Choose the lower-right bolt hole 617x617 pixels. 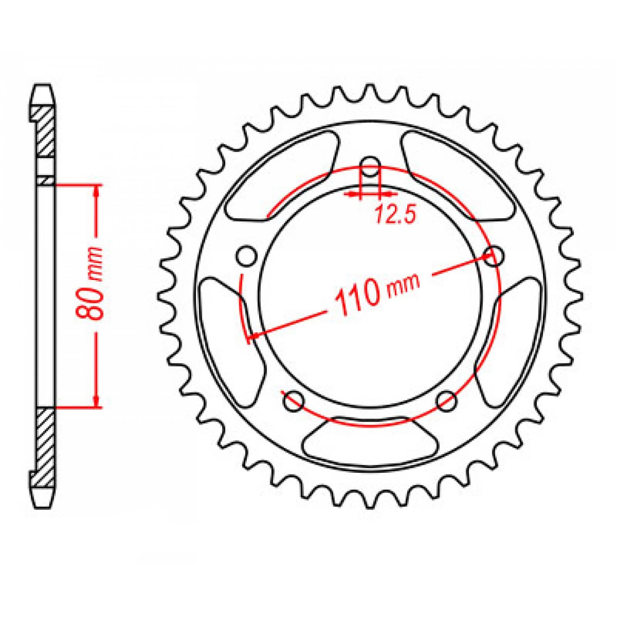[x=447, y=401]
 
